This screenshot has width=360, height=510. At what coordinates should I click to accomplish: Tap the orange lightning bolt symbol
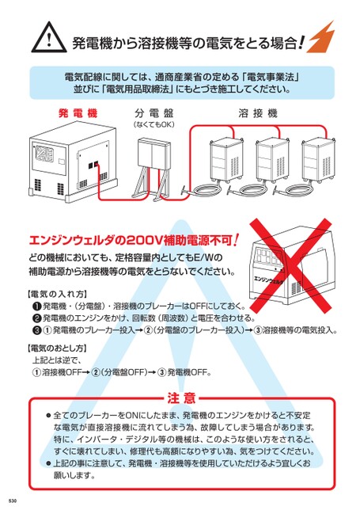(321, 37)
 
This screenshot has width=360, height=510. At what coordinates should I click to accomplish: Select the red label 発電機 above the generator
(78, 113)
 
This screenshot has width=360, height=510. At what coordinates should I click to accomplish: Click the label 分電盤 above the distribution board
(153, 113)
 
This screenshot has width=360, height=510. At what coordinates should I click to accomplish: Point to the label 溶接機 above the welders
(258, 113)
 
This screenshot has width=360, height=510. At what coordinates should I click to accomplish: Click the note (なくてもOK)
(153, 124)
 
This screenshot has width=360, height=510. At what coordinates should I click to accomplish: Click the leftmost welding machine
(226, 159)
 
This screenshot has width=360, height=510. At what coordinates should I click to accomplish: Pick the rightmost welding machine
(319, 159)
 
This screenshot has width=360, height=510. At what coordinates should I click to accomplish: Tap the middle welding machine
(273, 159)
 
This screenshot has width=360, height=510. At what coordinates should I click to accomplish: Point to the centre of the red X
(290, 265)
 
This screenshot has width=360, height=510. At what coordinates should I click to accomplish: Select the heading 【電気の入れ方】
(56, 295)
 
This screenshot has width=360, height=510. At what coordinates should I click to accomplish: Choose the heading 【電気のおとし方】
(56, 348)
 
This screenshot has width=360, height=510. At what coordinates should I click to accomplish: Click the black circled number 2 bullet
(37, 318)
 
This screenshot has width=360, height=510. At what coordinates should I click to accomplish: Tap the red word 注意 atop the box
(181, 398)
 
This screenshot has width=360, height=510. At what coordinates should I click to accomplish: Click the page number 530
(13, 500)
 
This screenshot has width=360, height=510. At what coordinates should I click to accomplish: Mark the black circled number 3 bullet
(37, 330)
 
